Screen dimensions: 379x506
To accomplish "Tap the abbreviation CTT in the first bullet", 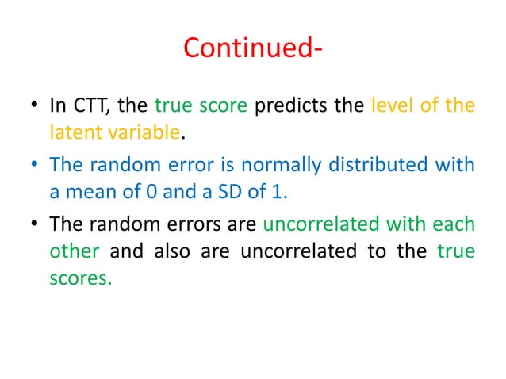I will pyautogui.click(x=90, y=105).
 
